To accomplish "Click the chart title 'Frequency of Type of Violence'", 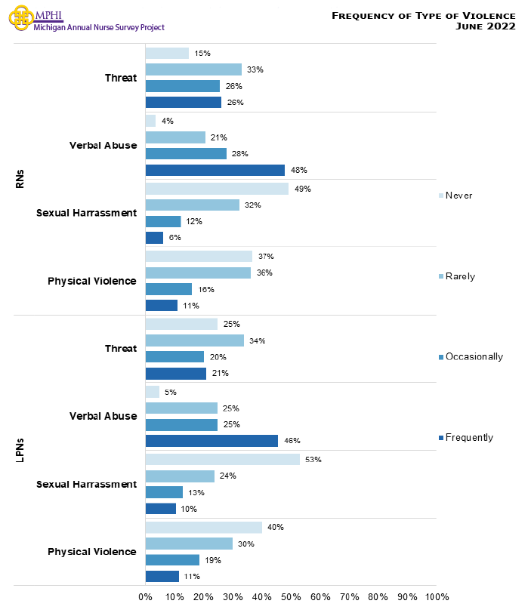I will pos(424,15).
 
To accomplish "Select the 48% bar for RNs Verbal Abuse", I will pos(215,170).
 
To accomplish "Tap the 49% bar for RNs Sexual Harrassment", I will pos(216,189).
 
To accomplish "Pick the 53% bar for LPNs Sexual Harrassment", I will pos(222,459).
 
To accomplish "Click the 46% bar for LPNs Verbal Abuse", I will pos(211,441).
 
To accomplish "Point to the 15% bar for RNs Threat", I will pos(167,53).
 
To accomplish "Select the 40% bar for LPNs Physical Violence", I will pos(203,527).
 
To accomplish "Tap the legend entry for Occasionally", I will pos(469,356).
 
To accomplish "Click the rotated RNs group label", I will pos(20,179).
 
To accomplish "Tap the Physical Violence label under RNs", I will pos(92,281).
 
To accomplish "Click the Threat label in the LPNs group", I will pos(121,349).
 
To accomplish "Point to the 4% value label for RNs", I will pos(168,121).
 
